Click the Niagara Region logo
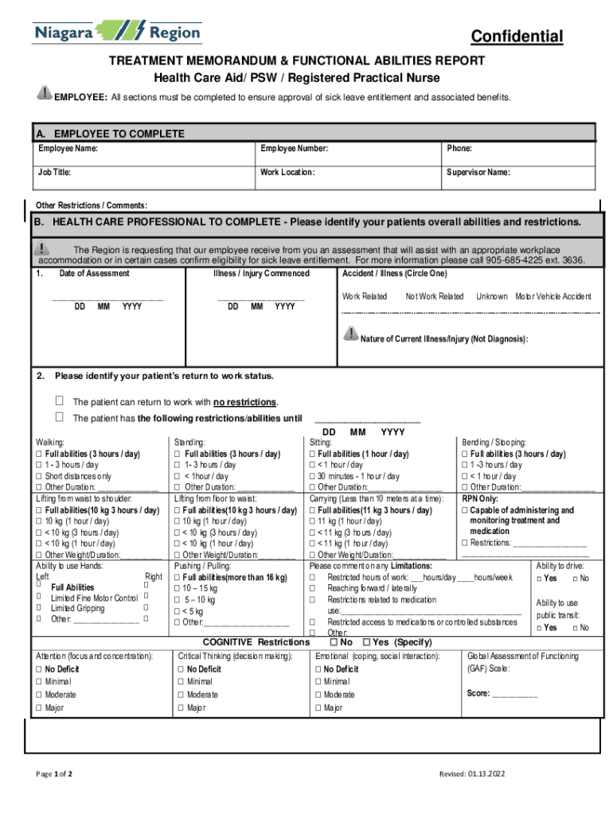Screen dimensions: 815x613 116,33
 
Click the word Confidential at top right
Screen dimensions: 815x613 517,37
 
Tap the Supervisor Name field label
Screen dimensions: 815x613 478,173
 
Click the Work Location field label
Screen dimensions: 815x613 287,173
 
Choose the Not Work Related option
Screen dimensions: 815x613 434,296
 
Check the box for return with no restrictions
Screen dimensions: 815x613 59,401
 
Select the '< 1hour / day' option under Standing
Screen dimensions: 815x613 178,476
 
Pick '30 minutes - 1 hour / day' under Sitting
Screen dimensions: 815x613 313,476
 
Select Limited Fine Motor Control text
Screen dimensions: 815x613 94,598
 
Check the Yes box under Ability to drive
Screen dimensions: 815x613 540,578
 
